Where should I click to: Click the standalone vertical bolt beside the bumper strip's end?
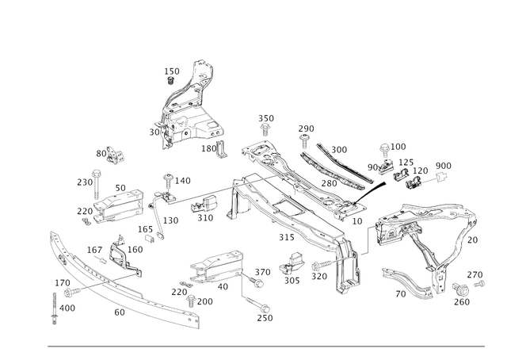coord(53,305)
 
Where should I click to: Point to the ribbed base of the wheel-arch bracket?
coord(186,127)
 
